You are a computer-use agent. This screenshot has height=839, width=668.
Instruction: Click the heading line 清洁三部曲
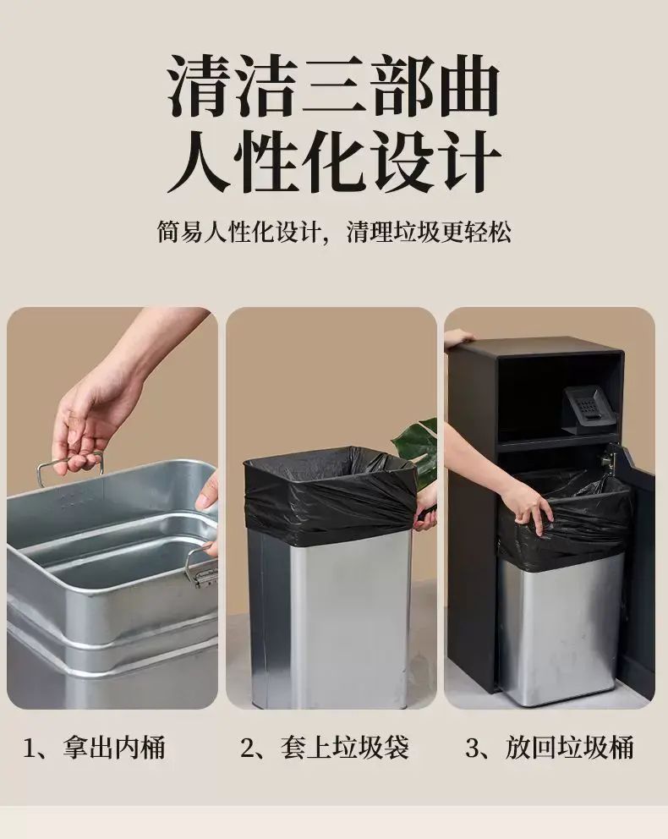[x=334, y=85]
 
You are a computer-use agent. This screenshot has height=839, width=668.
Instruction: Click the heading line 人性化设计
[x=334, y=162]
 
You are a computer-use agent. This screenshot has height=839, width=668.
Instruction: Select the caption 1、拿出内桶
[x=94, y=747]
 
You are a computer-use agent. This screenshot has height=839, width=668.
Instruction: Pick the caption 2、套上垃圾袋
[x=325, y=747]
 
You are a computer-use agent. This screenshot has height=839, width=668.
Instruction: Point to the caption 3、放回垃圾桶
[x=550, y=747]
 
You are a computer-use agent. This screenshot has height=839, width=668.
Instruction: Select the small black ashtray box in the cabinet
[x=587, y=409]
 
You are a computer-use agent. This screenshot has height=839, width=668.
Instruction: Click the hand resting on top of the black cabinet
[x=457, y=337]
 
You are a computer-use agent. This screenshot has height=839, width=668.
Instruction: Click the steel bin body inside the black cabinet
[x=560, y=628]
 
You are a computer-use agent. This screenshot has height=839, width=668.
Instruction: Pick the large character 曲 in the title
[x=468, y=85]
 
